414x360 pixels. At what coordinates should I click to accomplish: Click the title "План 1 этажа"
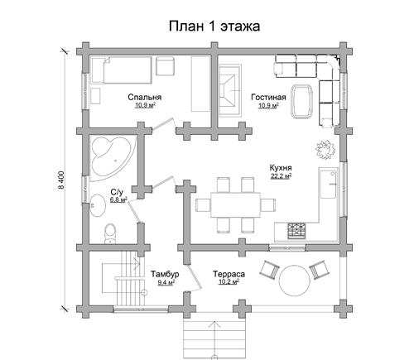tap(214, 26)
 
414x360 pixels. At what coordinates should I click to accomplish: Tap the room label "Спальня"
tap(145, 97)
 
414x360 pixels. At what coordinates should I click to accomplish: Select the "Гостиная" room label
tap(268, 97)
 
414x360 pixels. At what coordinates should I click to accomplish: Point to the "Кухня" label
tap(281, 168)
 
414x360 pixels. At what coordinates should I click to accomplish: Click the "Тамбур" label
tap(165, 274)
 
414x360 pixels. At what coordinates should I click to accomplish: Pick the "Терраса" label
tap(229, 274)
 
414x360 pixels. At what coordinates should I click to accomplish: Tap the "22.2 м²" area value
tap(282, 176)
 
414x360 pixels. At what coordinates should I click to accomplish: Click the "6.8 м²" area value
tap(118, 199)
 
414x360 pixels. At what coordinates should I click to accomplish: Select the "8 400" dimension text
tap(61, 180)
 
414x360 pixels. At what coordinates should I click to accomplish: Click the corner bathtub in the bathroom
tap(113, 158)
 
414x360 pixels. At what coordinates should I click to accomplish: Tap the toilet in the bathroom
tap(110, 234)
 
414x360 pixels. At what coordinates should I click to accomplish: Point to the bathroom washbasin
tap(98, 205)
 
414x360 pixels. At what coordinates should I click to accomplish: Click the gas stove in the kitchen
tap(296, 231)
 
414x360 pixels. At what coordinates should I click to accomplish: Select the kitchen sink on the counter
tap(328, 184)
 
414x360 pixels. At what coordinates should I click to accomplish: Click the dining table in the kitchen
tap(236, 205)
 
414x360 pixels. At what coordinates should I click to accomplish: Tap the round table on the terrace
tap(295, 281)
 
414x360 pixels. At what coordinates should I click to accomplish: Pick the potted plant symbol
tap(325, 150)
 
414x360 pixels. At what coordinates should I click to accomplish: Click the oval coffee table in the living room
tap(302, 102)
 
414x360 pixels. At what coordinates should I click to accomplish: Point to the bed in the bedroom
tap(122, 70)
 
